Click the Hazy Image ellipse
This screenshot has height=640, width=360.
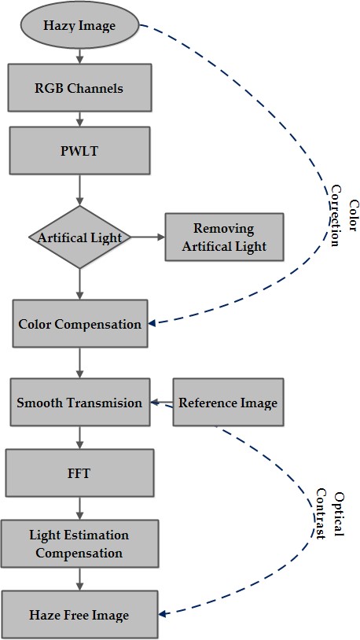[79, 25]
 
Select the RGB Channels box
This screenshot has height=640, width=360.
[79, 87]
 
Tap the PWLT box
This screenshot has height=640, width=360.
[79, 150]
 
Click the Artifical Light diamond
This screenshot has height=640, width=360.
[79, 237]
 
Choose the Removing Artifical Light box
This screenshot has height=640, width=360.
[224, 237]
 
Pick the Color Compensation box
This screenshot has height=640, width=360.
[80, 324]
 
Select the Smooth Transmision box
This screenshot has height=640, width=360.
[80, 402]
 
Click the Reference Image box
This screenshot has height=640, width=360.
[228, 402]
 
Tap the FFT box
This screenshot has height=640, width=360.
[79, 473]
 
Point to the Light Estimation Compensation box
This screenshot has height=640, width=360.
[79, 543]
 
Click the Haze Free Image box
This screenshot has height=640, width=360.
[79, 614]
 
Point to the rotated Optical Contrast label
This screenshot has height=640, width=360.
[329, 515]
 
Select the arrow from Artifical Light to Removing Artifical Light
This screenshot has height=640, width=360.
[148, 237]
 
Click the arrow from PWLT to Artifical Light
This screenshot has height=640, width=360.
[79, 190]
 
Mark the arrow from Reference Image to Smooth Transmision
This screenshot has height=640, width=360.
[162, 403]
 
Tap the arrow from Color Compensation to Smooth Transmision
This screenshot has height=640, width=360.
[79, 363]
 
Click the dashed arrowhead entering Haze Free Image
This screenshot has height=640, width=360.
[162, 614]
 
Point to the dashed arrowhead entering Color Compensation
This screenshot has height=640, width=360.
[152, 323]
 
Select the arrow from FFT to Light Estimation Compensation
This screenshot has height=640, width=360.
[79, 508]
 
